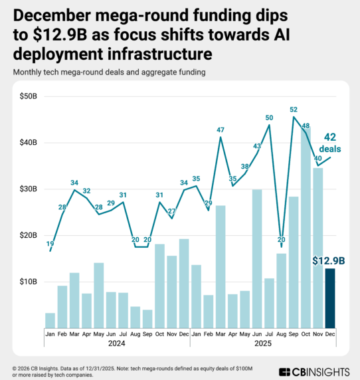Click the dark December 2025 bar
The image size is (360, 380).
coord(329,298)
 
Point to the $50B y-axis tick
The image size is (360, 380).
coord(28,96)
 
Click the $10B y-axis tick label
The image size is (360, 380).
coord(28,282)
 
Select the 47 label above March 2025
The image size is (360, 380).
coord(221,130)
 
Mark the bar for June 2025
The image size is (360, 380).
coord(257,258)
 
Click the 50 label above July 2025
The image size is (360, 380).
coord(269,118)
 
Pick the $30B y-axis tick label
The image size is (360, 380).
coord(28,189)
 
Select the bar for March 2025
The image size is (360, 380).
coord(221,266)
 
